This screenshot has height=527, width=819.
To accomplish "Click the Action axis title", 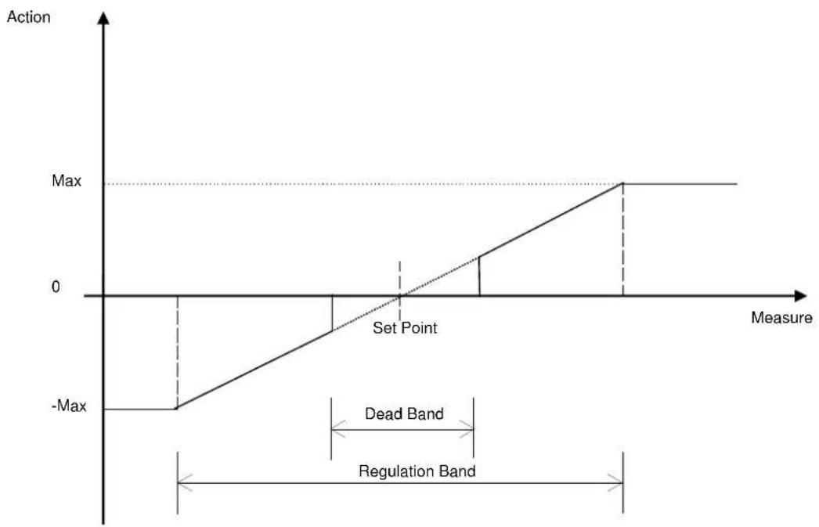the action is pos(29,17).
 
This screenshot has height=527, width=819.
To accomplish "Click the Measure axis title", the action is pos(781,318).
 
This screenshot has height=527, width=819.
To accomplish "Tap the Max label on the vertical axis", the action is pos(67,181).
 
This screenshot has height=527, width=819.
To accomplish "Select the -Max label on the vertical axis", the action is pos(69,406).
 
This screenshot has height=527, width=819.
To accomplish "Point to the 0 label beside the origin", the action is pos(56,287).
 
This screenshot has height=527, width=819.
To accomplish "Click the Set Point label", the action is pos(405,328).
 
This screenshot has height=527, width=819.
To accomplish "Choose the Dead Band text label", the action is pos(404,413).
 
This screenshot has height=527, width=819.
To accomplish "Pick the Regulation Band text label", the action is pos(417,471).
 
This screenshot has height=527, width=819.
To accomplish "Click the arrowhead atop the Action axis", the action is pos(104,18).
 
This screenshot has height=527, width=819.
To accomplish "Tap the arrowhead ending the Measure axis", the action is pos(801,296).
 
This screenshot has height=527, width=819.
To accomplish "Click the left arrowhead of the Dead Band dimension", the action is pos(338,429).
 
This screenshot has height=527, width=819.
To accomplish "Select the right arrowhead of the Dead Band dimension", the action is pos(467,429).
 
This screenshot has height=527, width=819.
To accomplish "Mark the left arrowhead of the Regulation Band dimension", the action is pos(185,482).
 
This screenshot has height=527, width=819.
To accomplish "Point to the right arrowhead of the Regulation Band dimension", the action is pos(615,482).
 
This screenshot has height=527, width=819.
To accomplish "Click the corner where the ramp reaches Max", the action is pos(623,183).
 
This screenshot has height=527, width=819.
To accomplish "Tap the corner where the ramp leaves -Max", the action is pos(176,409).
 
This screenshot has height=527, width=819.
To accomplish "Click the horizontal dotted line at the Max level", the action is pos(363,184).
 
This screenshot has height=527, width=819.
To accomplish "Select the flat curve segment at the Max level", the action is pos(680,183).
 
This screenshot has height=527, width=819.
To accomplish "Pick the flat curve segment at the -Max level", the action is pos(140,409).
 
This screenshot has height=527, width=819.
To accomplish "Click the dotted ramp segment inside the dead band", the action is pos(406,294).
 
